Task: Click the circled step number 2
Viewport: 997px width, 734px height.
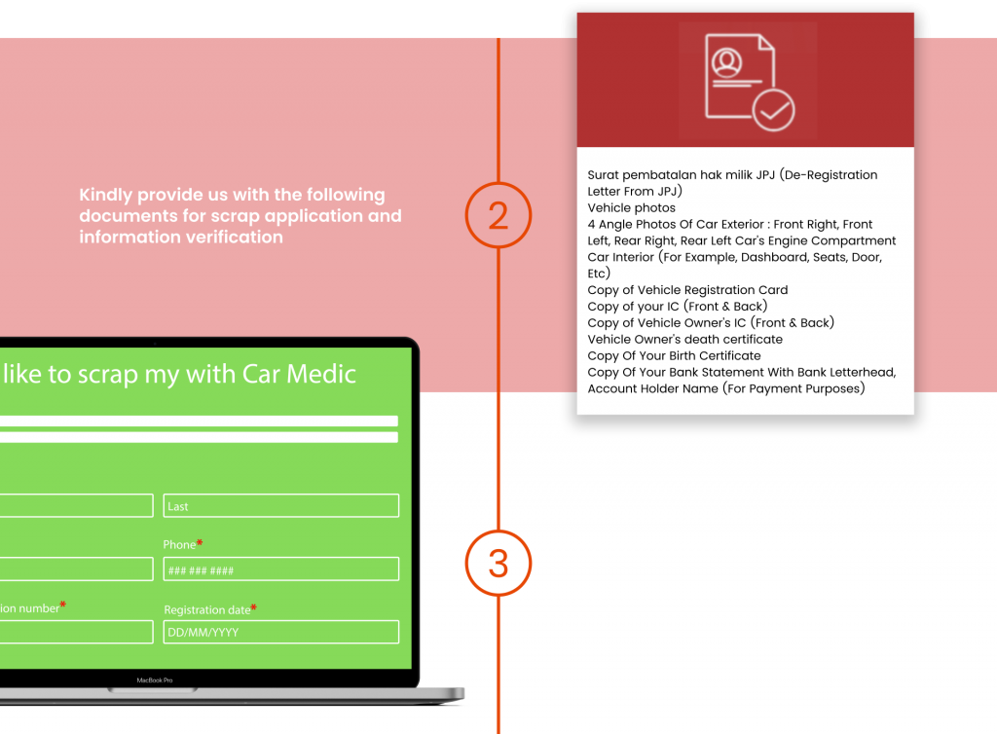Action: (x=498, y=215)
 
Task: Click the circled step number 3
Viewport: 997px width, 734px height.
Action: (x=498, y=563)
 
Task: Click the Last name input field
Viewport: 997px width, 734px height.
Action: (x=280, y=506)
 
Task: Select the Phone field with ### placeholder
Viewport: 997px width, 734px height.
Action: (x=280, y=569)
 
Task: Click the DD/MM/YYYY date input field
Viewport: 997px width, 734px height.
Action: (x=280, y=632)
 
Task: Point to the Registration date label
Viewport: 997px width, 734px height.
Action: (x=206, y=610)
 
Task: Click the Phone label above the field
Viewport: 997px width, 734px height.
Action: (x=179, y=545)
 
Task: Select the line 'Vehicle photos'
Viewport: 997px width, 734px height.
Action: (x=631, y=207)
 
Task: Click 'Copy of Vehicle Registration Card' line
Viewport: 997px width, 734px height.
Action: (x=687, y=290)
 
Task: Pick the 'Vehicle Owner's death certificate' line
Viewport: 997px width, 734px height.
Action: (x=684, y=339)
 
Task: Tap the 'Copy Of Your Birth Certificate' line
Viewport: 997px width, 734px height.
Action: (x=674, y=355)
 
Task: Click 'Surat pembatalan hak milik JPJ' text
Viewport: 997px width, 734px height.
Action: (x=670, y=175)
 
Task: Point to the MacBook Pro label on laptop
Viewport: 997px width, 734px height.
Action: (x=154, y=679)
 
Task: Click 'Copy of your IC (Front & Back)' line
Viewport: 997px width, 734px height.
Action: (x=677, y=307)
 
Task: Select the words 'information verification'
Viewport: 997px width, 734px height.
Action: (x=180, y=237)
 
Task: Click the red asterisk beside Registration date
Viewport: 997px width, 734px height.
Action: (x=253, y=608)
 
